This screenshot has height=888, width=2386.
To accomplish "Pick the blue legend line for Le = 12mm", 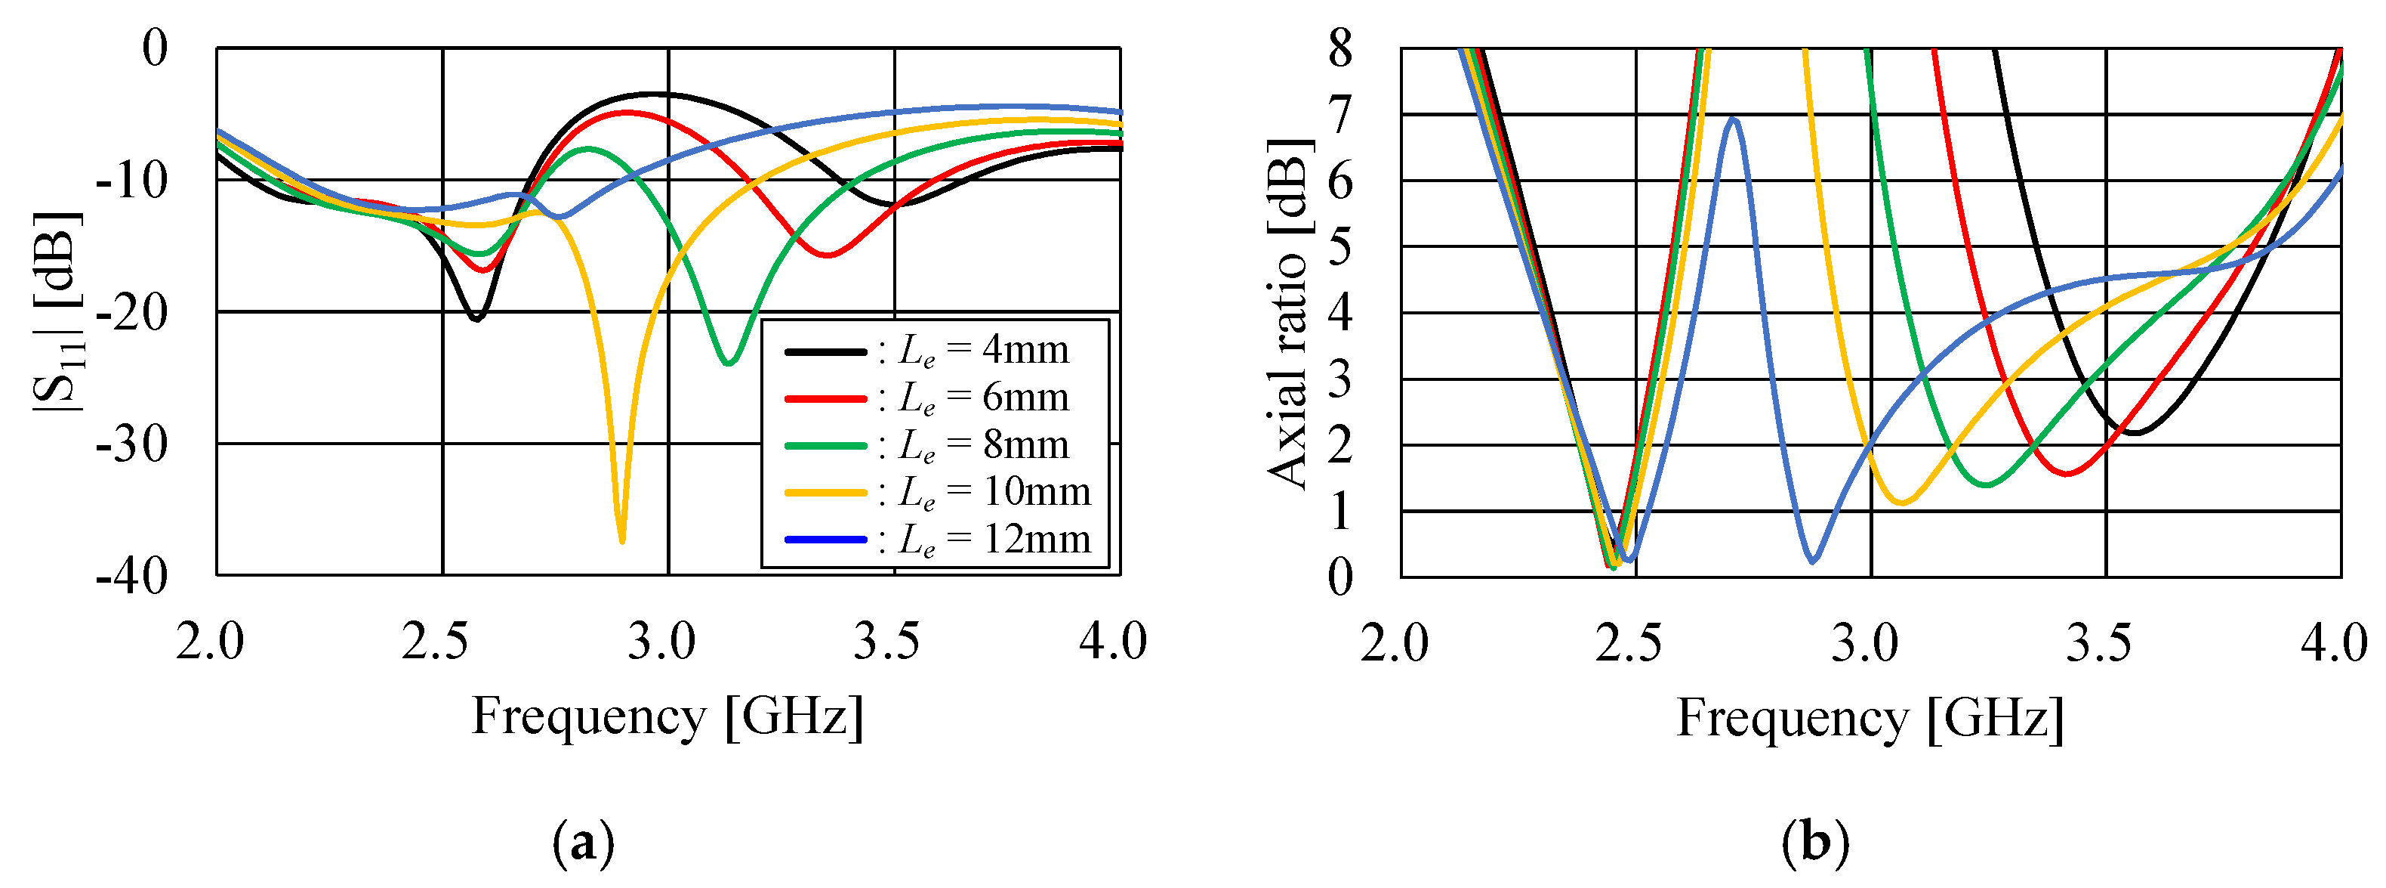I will pos(825,540).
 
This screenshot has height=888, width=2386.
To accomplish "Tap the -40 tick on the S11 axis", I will pos(131,577).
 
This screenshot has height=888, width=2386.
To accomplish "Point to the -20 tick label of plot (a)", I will pos(131,312).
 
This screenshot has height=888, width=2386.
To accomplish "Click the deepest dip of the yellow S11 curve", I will pos(621,540).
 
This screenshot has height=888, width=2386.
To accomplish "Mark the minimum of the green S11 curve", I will pos(728,363).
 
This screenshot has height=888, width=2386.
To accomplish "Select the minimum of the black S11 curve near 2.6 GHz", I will pos(476,319).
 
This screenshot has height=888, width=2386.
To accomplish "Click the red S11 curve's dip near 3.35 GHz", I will pos(827,255).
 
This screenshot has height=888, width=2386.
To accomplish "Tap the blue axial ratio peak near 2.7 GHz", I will pos(1733,119).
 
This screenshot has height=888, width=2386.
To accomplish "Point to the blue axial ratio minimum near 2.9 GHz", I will pos(1813,561).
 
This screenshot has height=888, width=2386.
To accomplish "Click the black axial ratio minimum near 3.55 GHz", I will pos(2133,433).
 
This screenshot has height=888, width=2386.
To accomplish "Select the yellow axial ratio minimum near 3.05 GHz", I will pos(1901,503).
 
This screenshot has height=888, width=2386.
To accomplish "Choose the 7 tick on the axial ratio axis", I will pos(1340,115).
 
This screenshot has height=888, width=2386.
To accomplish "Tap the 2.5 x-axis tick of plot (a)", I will pos(434,642).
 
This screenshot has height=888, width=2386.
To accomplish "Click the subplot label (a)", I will pos(583,843).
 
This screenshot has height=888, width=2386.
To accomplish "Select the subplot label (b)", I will pos(1814,843).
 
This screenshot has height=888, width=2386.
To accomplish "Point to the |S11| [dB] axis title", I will pos(57,312).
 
